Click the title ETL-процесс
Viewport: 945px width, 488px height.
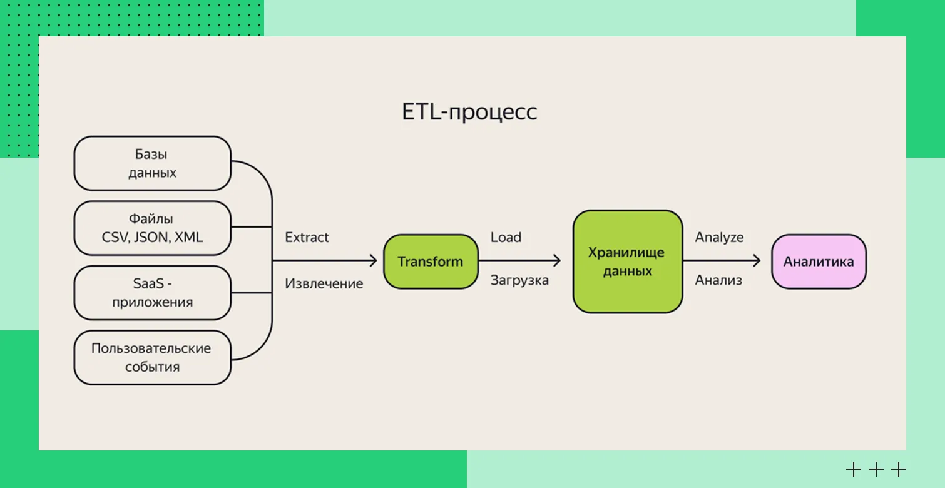469,113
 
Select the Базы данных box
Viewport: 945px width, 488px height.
152,163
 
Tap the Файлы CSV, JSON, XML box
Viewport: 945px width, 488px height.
152,228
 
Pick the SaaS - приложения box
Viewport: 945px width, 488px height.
152,293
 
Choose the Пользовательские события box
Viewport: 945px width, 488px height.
152,357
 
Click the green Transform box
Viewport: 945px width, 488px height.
431,262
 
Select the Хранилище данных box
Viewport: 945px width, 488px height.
627,262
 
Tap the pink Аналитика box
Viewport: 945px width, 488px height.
819,262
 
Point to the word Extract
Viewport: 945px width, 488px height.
307,238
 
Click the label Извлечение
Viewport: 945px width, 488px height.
324,283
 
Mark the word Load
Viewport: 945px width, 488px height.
506,238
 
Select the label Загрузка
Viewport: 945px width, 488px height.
519,280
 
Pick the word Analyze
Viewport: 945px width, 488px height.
719,238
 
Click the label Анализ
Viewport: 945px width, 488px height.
718,280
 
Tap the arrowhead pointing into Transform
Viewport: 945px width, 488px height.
373,262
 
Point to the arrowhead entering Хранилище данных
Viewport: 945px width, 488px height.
556,262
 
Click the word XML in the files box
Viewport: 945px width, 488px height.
188,238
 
